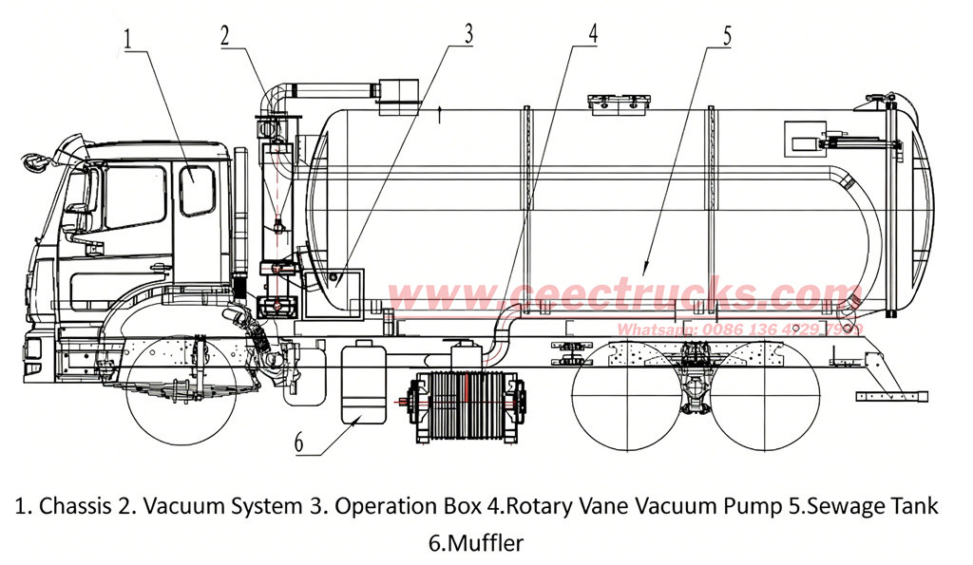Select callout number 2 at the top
[224, 35]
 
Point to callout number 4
[593, 32]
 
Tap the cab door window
[197, 189]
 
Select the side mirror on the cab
[39, 161]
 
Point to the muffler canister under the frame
[364, 385]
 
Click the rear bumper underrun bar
[894, 395]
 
